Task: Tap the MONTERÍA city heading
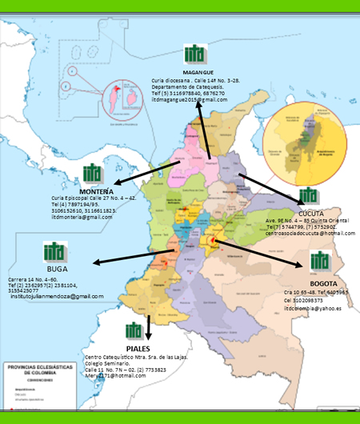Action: (x=101, y=192)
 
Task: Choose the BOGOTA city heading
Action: (x=323, y=283)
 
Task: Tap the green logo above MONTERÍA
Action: (x=93, y=174)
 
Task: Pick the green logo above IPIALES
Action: (x=137, y=330)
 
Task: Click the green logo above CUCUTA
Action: (x=308, y=196)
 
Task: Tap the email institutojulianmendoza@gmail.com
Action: (x=58, y=297)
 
